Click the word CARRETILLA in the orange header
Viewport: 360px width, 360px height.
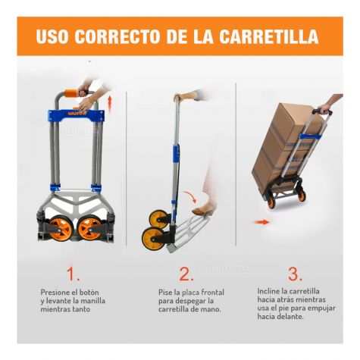pyautogui.click(x=268, y=36)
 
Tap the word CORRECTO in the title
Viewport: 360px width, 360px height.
pyautogui.click(x=117, y=36)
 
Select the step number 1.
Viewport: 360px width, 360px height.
pyautogui.click(x=73, y=274)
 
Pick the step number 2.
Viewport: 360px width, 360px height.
pyautogui.click(x=186, y=274)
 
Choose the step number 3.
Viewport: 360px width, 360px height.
pyautogui.click(x=295, y=274)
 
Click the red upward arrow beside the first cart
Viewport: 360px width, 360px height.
pyautogui.click(x=110, y=104)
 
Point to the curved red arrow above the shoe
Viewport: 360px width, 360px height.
pyautogui.click(x=190, y=196)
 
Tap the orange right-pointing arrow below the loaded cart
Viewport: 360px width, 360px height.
pyautogui.click(x=261, y=222)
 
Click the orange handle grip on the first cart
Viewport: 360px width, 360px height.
pyautogui.click(x=73, y=92)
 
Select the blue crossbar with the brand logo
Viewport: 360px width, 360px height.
pyautogui.click(x=77, y=116)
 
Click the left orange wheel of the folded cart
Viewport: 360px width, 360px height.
pyautogui.click(x=60, y=227)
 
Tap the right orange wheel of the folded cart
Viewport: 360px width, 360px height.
pyautogui.click(x=89, y=227)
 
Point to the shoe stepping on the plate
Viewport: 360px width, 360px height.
pyautogui.click(x=203, y=209)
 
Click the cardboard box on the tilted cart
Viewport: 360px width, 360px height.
pyautogui.click(x=286, y=146)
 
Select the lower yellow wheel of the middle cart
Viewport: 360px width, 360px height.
pyautogui.click(x=152, y=239)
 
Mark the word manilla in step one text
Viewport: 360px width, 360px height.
pyautogui.click(x=92, y=301)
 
